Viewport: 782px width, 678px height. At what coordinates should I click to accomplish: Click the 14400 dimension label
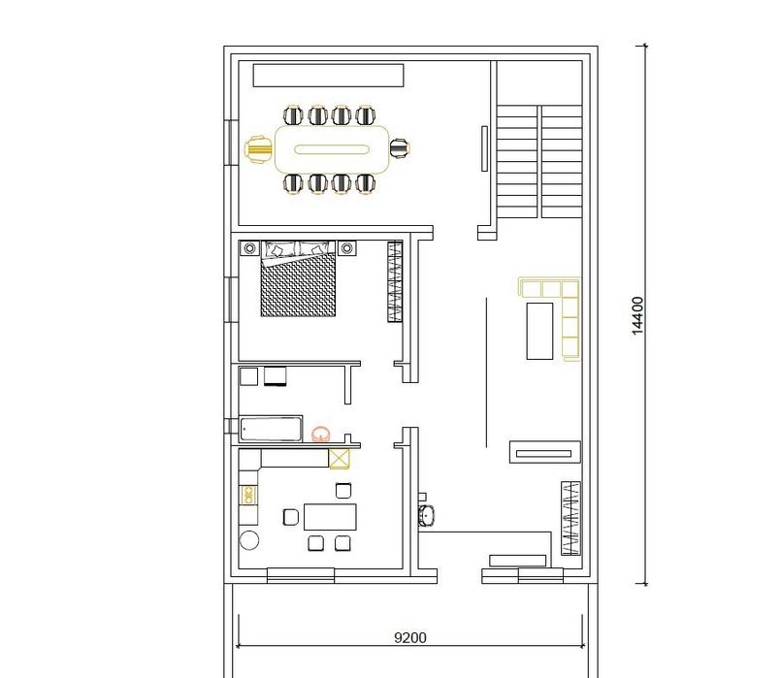[637, 316]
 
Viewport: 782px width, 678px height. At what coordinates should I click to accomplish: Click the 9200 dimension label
[410, 637]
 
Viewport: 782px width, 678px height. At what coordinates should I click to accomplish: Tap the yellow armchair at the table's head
[259, 149]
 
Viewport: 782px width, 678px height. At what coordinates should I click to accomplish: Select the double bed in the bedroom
[298, 278]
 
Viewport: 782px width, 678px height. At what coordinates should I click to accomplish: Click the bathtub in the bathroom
[271, 430]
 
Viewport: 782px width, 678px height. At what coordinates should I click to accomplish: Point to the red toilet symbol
[321, 435]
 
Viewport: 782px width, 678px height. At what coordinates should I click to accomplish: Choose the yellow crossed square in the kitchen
[340, 459]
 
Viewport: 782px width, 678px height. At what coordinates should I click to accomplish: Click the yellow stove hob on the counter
[249, 496]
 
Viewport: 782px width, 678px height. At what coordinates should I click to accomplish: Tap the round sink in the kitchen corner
[249, 540]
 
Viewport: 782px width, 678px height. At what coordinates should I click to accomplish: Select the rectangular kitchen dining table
[330, 517]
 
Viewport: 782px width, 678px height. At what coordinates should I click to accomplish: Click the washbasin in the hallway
[426, 514]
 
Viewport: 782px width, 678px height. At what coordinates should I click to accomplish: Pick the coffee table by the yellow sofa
[539, 331]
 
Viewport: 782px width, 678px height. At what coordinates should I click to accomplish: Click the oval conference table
[332, 149]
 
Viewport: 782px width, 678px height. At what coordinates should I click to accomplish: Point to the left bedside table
[249, 247]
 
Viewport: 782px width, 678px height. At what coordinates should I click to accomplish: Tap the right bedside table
[347, 247]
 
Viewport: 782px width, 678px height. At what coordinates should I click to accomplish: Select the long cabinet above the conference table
[328, 76]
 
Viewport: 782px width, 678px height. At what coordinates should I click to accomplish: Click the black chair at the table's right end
[400, 148]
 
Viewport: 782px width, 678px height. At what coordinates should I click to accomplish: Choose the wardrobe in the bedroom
[395, 281]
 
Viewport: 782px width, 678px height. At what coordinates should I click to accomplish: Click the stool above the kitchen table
[343, 491]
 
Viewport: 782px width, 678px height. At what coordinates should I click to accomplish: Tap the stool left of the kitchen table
[291, 517]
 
